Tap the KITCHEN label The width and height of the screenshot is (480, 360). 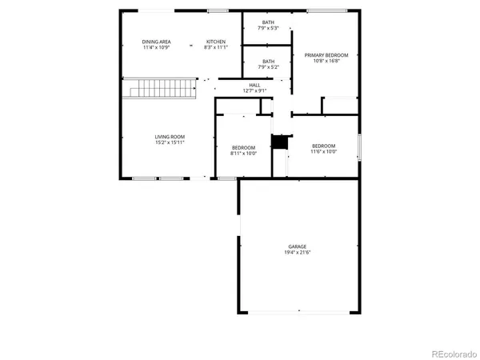tap(216, 42)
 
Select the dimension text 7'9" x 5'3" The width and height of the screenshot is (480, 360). tap(267, 29)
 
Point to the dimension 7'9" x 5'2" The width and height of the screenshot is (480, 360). tap(267, 66)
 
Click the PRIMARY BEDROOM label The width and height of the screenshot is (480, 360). tap(325, 55)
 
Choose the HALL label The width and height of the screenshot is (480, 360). tap(254, 85)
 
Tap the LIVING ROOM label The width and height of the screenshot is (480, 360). tap(170, 137)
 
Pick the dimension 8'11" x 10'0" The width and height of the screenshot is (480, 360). tap(243, 153)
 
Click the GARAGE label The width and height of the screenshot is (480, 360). tap(298, 246)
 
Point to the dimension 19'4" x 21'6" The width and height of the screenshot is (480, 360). tap(298, 253)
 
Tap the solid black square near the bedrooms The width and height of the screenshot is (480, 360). tap(278, 142)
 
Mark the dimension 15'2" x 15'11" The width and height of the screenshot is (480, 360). tap(170, 143)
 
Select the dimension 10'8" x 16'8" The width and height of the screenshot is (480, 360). tap(325, 61)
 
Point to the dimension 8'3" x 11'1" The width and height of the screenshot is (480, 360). tap(216, 47)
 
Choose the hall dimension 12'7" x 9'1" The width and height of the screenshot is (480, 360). tap(254, 90)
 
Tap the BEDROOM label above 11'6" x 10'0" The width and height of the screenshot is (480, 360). tap(324, 145)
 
